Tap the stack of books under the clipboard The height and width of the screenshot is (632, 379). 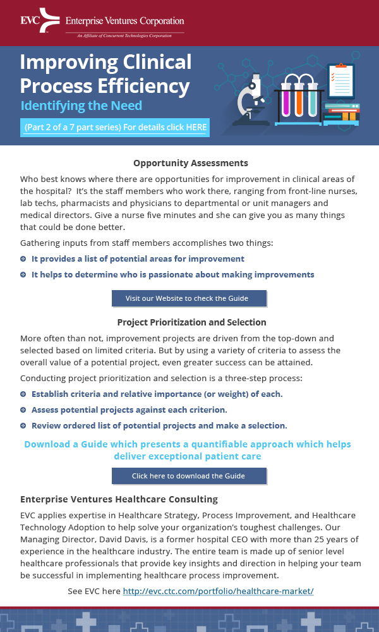pyautogui.click(x=342, y=114)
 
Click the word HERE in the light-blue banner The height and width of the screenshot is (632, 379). pyautogui.click(x=196, y=127)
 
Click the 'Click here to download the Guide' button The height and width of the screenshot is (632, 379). pyautogui.click(x=189, y=476)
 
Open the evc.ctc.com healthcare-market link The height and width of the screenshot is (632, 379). pyautogui.click(x=218, y=591)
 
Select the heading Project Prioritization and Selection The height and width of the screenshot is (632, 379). pyautogui.click(x=191, y=322)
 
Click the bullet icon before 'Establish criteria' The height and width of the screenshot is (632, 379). pyautogui.click(x=23, y=394)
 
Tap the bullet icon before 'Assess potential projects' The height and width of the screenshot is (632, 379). pyautogui.click(x=23, y=410)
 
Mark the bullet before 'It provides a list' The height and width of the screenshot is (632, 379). pyautogui.click(x=23, y=259)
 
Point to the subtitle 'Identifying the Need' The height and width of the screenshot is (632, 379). pyautogui.click(x=81, y=106)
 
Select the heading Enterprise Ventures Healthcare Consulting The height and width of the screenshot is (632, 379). pyautogui.click(x=119, y=499)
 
